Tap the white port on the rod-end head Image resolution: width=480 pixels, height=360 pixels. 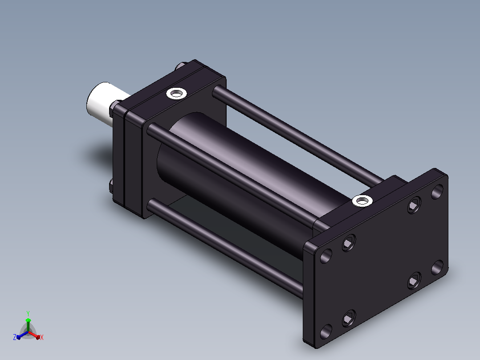click(177, 93)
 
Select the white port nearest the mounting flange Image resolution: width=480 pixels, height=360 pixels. click(362, 201)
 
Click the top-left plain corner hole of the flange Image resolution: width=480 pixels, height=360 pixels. click(326, 256)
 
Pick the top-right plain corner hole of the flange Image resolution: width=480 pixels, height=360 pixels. click(437, 192)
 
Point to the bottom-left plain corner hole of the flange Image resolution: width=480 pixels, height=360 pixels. click(326, 331)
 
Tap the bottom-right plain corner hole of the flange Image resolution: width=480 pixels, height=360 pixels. click(437, 267)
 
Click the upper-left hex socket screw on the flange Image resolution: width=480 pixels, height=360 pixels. click(349, 243)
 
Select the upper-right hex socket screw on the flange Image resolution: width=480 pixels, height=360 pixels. click(414, 205)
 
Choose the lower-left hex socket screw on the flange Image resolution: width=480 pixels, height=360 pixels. click(349, 319)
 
